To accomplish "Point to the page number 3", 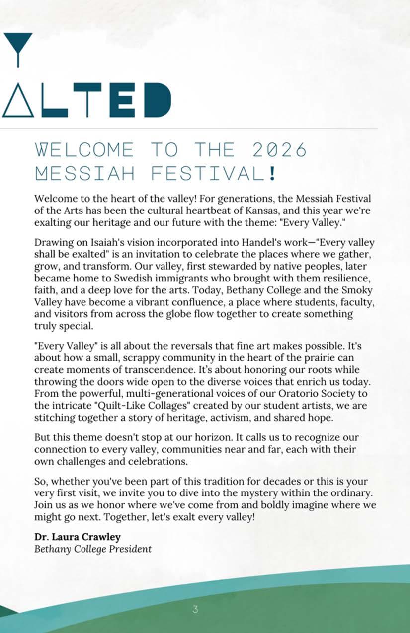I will click(x=195, y=609).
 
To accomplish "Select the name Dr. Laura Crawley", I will click(x=78, y=537).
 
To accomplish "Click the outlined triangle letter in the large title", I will click(x=18, y=100).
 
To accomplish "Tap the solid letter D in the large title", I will click(x=155, y=100).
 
